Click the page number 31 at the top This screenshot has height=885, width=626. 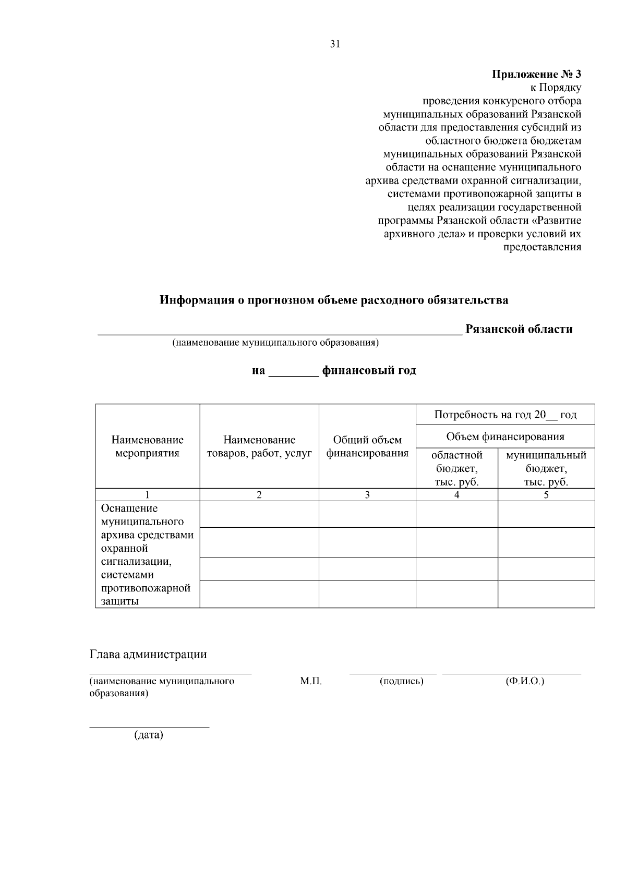(x=335, y=44)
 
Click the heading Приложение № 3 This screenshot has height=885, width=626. (x=537, y=74)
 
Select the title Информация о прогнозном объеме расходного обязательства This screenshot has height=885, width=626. (x=334, y=300)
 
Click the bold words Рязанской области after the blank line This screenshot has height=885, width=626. (x=519, y=329)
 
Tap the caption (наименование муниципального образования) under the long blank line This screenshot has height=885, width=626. (x=276, y=343)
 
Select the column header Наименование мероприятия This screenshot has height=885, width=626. (x=147, y=446)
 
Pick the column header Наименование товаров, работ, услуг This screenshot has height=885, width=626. (x=259, y=446)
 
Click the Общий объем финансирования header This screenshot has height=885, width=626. (x=367, y=446)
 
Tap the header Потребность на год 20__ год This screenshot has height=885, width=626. (x=505, y=415)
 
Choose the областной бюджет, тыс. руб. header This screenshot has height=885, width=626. (x=456, y=468)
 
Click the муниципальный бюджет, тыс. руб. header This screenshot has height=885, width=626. (x=546, y=468)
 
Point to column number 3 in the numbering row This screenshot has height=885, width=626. (x=367, y=495)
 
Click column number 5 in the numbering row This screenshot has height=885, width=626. (x=546, y=495)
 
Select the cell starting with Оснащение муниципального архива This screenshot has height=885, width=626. (x=147, y=554)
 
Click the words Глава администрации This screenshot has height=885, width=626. (x=148, y=654)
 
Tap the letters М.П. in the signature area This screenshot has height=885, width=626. (x=311, y=681)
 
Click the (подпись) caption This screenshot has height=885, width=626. (x=401, y=681)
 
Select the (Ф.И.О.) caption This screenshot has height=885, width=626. (x=524, y=681)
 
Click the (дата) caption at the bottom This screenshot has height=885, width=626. (x=149, y=735)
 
